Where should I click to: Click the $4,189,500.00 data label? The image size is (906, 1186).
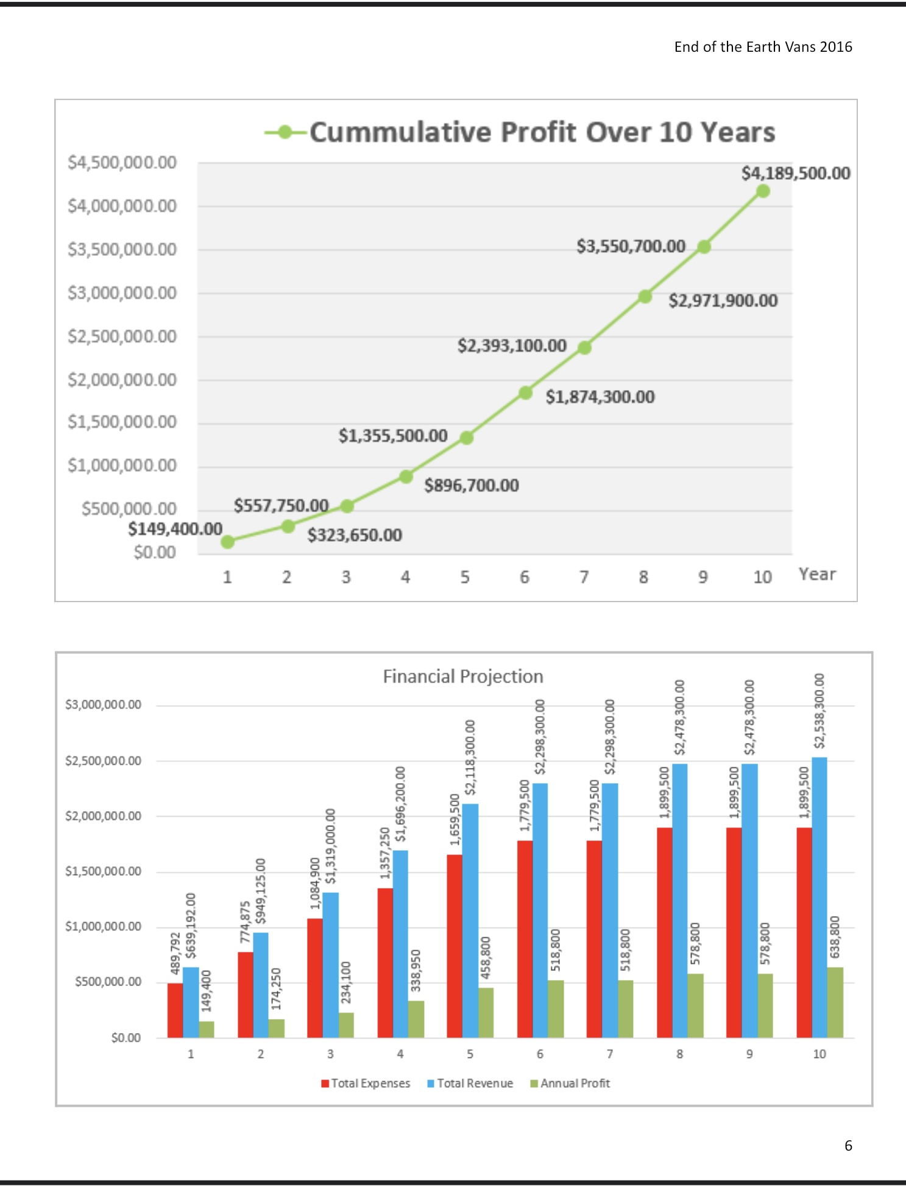795,173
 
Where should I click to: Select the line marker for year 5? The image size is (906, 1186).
466,438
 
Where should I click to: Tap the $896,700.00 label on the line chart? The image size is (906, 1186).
472,485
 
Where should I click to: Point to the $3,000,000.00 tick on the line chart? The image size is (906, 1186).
122,293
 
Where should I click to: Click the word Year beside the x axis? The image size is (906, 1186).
817,574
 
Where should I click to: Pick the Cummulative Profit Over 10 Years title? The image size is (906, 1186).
542,132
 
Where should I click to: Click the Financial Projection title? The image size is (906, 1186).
462,676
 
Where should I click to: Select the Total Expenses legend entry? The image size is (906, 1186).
366,1083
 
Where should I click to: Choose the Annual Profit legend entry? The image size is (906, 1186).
570,1083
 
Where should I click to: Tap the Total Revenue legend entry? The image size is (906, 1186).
470,1083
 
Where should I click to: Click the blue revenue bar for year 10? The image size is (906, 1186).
819,896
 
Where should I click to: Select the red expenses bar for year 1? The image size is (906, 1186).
175,1010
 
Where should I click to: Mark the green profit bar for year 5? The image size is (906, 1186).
486,1012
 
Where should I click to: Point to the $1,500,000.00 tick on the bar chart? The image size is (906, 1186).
103,872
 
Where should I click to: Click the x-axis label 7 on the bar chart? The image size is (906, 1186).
610,1054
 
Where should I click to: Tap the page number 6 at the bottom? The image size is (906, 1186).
848,1146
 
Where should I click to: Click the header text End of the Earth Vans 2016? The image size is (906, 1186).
763,47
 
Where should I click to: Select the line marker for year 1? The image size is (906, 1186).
228,542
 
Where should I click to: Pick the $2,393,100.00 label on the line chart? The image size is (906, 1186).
512,346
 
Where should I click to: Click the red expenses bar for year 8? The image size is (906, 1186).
664,932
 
